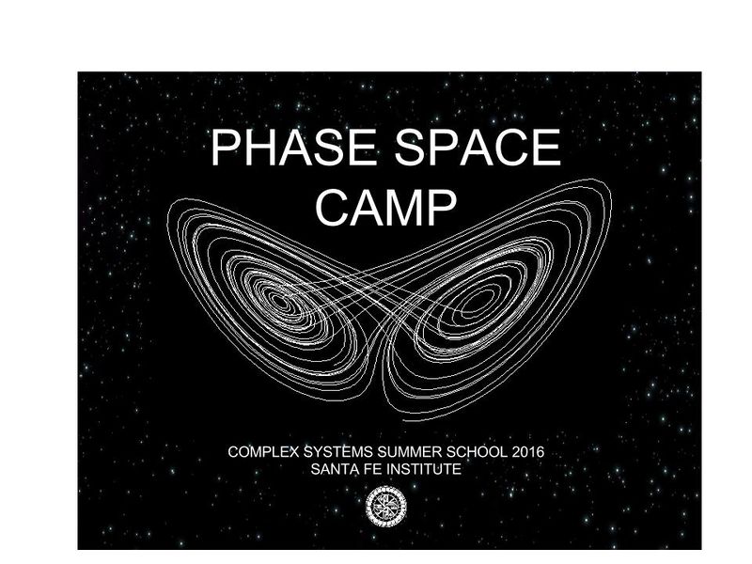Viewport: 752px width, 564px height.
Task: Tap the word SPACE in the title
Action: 471,149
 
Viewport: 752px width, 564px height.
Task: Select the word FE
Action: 368,468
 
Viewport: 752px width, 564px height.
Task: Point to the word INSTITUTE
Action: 423,468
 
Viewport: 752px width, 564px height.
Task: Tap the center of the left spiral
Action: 279,302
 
